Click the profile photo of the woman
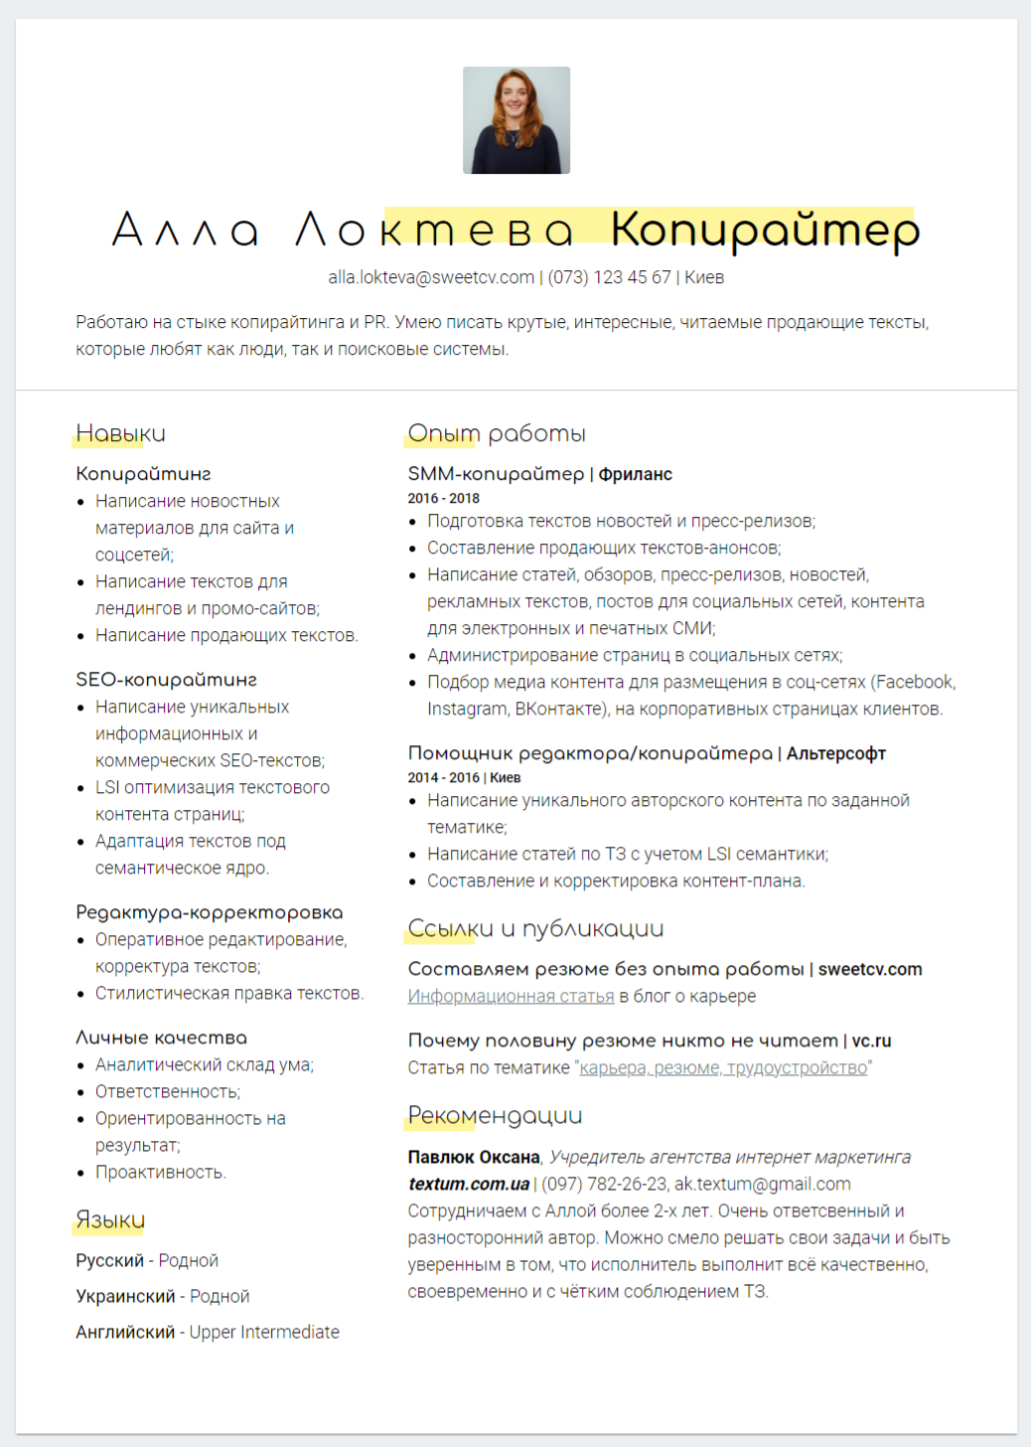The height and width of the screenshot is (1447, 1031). pyautogui.click(x=516, y=120)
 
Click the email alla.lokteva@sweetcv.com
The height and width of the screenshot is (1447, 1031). pyautogui.click(x=431, y=277)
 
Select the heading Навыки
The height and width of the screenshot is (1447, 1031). pyautogui.click(x=120, y=433)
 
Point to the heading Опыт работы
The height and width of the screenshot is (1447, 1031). pyautogui.click(x=497, y=433)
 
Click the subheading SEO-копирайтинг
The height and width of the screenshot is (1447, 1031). pyautogui.click(x=166, y=680)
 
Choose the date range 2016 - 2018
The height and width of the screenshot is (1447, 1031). pyautogui.click(x=443, y=498)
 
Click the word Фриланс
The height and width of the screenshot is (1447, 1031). pyautogui.click(x=636, y=474)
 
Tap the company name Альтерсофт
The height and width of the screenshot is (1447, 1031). pyautogui.click(x=836, y=753)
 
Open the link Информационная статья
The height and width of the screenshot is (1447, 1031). pyautogui.click(x=511, y=996)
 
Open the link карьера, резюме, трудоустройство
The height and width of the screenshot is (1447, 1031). pyautogui.click(x=723, y=1067)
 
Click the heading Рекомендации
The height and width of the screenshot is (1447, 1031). pyautogui.click(x=495, y=1115)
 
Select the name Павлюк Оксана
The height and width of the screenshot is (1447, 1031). pyautogui.click(x=474, y=1157)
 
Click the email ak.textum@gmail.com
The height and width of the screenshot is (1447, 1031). pyautogui.click(x=763, y=1184)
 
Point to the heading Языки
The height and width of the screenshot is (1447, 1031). pyautogui.click(x=110, y=1219)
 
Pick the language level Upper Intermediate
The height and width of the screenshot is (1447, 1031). pyautogui.click(x=264, y=1332)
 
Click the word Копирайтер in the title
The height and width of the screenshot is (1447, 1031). pyautogui.click(x=765, y=230)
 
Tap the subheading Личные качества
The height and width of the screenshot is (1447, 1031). pyautogui.click(x=161, y=1038)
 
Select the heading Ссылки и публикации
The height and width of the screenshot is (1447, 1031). pyautogui.click(x=535, y=928)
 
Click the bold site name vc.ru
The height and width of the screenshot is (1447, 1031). pyautogui.click(x=871, y=1041)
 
